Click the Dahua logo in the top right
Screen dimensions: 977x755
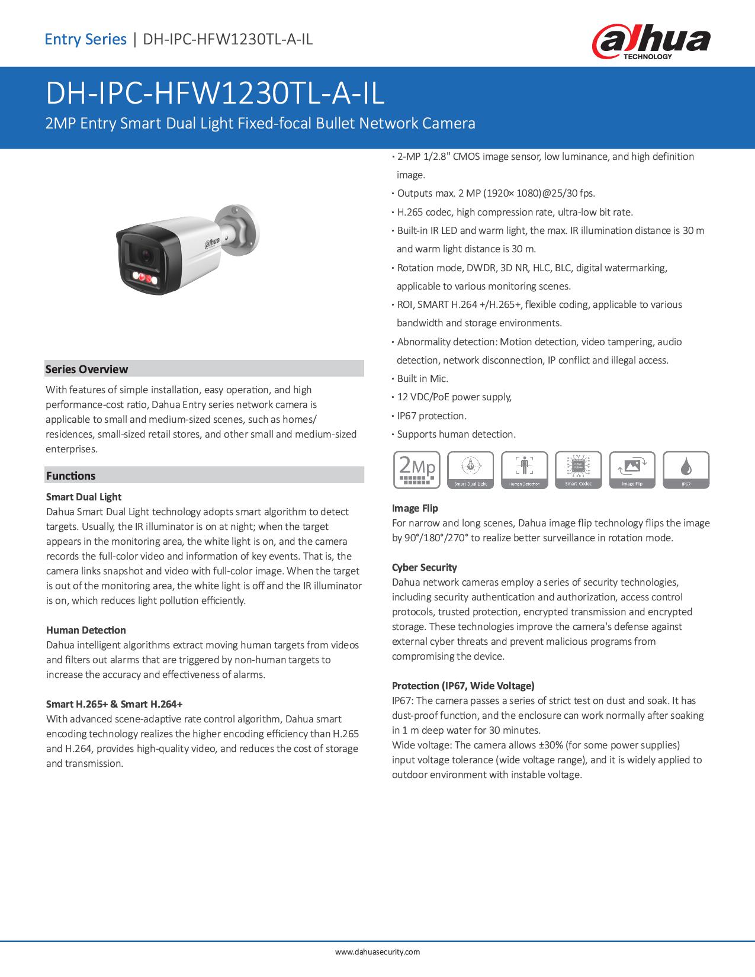tap(651, 42)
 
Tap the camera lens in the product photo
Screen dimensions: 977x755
tap(144, 255)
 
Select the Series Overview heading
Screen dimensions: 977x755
tap(86, 369)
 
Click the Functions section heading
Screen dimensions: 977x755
tap(70, 475)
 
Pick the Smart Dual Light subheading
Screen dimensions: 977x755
tap(83, 497)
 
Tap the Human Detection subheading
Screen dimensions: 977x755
tap(86, 630)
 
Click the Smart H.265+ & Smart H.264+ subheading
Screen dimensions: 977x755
tap(114, 704)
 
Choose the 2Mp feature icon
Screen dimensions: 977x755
tap(417, 470)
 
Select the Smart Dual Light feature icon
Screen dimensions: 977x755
tap(470, 470)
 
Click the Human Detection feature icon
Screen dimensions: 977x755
tap(524, 470)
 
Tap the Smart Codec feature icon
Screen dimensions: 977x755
tap(578, 470)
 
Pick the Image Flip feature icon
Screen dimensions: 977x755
tap(632, 470)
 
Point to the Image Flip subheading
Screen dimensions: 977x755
tap(415, 508)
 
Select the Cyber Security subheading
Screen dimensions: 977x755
tap(424, 567)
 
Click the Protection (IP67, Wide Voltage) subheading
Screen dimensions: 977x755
tap(463, 686)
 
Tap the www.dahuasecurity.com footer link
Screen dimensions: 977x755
tap(377, 952)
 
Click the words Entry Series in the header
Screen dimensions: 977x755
tap(86, 40)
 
